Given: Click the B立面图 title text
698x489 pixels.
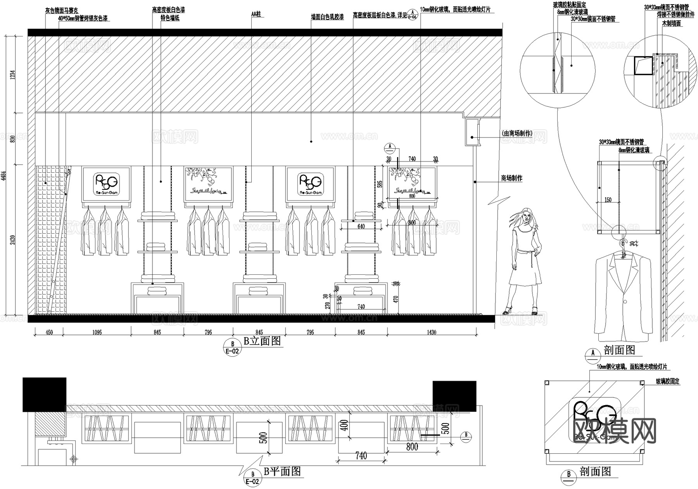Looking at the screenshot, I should click(262, 341).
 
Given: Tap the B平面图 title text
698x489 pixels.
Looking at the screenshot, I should click(282, 471).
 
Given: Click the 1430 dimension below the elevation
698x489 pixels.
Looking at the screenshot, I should click(431, 332).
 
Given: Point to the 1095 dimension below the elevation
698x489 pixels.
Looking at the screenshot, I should click(97, 332).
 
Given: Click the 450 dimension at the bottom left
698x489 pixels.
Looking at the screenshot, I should click(49, 332).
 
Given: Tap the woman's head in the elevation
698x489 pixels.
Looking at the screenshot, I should click(526, 215).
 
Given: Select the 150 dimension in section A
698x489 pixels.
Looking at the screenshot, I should click(608, 200).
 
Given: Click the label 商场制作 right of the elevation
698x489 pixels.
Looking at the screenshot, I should click(512, 178).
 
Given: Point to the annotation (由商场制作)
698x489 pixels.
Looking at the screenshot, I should click(517, 134).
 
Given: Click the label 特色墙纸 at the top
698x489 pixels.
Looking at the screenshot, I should click(170, 18).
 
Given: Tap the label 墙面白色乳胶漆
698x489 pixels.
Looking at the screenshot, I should click(327, 17).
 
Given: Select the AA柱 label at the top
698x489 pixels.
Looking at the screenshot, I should click(256, 14).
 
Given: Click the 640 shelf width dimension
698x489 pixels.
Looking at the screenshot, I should click(361, 226).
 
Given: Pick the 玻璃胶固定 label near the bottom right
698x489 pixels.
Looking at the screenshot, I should click(668, 381).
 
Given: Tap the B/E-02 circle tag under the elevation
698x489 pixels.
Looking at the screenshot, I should click(233, 347).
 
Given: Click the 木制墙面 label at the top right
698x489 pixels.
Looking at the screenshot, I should click(671, 23).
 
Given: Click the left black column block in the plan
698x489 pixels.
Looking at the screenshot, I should click(44, 394).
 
